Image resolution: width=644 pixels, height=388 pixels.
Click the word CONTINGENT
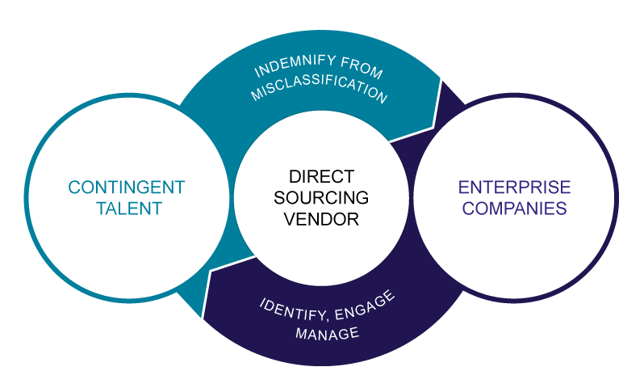click(x=127, y=188)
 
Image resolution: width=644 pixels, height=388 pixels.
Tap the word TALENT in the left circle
click(x=128, y=209)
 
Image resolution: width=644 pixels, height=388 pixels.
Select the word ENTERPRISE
click(x=515, y=188)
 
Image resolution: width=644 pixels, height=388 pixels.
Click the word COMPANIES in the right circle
click(x=515, y=209)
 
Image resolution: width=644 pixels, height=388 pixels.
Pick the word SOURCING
click(x=321, y=196)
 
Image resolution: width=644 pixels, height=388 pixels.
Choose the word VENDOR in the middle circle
click(x=322, y=218)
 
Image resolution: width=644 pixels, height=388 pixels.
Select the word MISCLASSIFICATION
click(x=319, y=91)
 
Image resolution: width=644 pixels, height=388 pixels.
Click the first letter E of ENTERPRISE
click(x=464, y=188)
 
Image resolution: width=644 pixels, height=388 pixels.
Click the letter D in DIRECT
click(x=294, y=175)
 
